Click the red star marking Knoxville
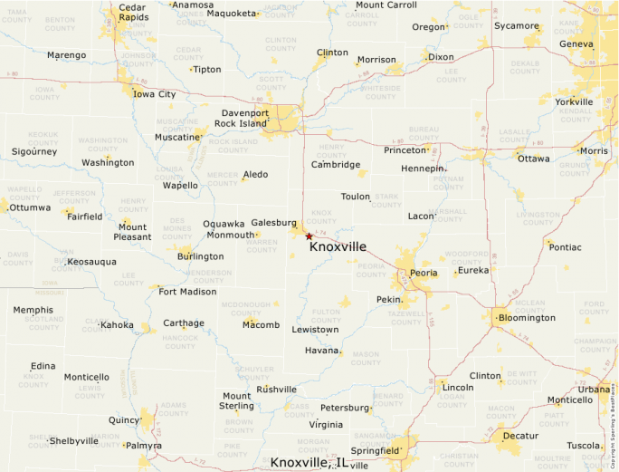pos(309,236)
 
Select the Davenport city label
pos(245,113)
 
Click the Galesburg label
pos(273,223)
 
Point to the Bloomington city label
pos(528,318)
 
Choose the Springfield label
pos(376,450)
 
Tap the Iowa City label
pos(155,94)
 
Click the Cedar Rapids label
pos(134,13)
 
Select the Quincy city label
pos(124,420)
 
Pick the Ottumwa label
pos(31,207)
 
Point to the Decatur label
pos(520,436)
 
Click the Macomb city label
pos(262,324)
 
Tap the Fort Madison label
pos(187,292)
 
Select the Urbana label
pos(594,390)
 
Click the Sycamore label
pos(516,25)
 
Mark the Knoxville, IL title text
pos(309,463)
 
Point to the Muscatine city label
pos(176,138)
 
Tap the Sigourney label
pos(34,151)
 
